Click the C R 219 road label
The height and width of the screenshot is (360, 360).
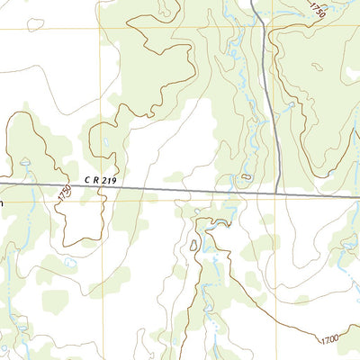pyautogui.click(x=101, y=180)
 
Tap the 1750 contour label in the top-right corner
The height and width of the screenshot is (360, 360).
pyautogui.click(x=317, y=10)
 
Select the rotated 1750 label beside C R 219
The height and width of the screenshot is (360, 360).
pyautogui.click(x=64, y=193)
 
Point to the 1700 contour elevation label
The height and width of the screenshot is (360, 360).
pyautogui.click(x=329, y=339)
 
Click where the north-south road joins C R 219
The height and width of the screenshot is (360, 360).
pyautogui.click(x=279, y=192)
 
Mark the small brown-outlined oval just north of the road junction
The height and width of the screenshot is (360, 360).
pyautogui.click(x=246, y=177)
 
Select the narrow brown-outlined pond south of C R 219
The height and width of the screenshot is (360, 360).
pyautogui.click(x=194, y=245)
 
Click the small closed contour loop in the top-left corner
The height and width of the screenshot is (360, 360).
pyautogui.click(x=34, y=23)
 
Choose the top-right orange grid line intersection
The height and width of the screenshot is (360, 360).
pyautogui.click(x=350, y=27)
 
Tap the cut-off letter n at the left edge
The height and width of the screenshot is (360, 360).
pyautogui.click(x=2, y=203)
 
